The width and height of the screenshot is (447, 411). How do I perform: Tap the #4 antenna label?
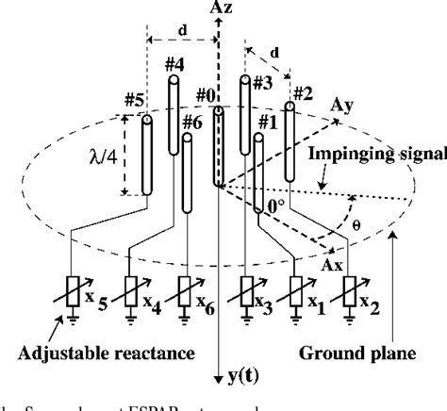[x=175, y=65]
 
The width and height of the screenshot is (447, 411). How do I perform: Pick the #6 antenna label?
[x=191, y=122]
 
